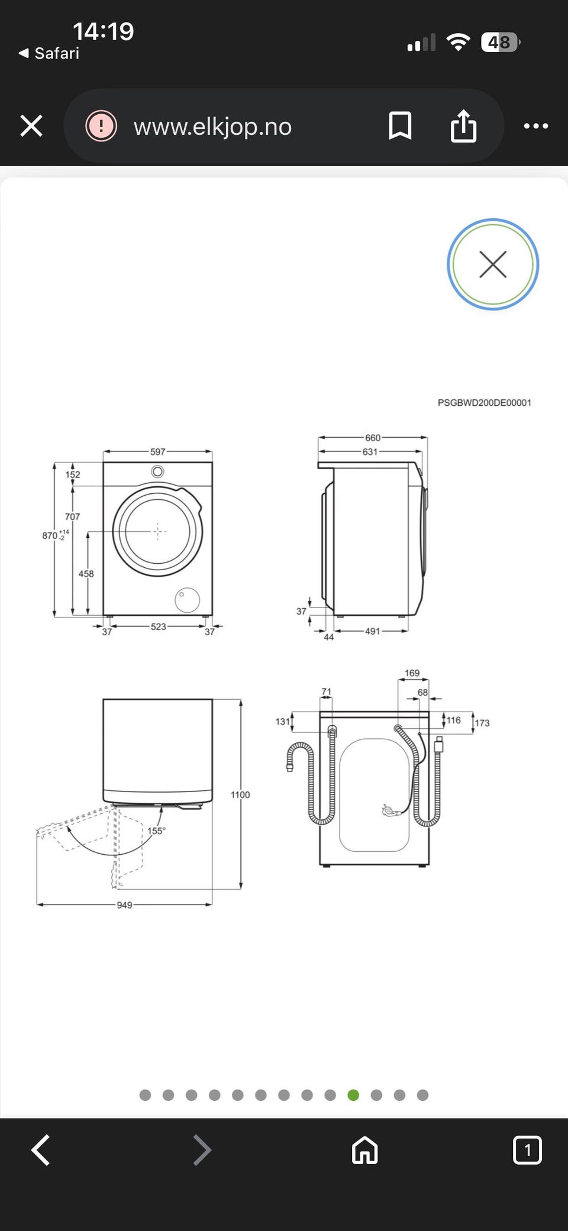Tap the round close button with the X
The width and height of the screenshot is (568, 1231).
click(x=493, y=264)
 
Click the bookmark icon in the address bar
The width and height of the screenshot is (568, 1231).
click(x=400, y=126)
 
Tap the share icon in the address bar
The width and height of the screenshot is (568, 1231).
click(x=463, y=125)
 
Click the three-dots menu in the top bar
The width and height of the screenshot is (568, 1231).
click(x=536, y=126)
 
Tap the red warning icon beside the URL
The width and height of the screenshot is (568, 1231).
click(x=101, y=126)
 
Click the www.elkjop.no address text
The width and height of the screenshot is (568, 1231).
click(x=212, y=127)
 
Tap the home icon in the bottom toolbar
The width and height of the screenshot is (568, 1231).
click(x=364, y=1150)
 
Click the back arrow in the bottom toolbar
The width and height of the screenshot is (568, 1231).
click(x=40, y=1150)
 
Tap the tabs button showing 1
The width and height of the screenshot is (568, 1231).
click(x=527, y=1150)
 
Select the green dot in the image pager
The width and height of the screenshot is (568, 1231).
click(x=353, y=1095)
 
